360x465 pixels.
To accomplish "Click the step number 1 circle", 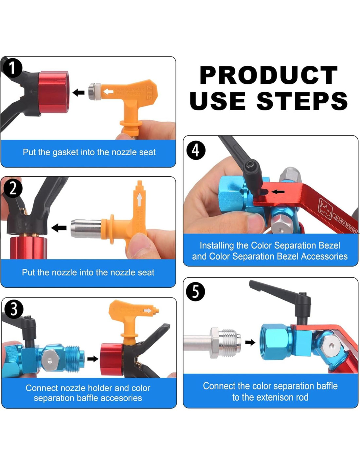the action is (x=13, y=68).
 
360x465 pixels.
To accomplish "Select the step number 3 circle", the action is (x=14, y=309).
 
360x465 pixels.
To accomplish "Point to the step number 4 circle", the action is (x=196, y=150).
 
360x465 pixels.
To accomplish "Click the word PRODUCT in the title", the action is (x=269, y=75).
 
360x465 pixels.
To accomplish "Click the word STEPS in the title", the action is (x=302, y=101).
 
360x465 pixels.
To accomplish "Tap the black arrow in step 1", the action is (x=79, y=93).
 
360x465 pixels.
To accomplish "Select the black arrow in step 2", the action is (x=59, y=228).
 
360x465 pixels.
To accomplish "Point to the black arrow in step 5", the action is (x=250, y=343).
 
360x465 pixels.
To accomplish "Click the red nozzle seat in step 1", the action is (x=54, y=92).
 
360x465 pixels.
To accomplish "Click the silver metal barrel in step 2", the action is (x=86, y=229).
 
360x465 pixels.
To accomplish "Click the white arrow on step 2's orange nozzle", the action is (x=139, y=200).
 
